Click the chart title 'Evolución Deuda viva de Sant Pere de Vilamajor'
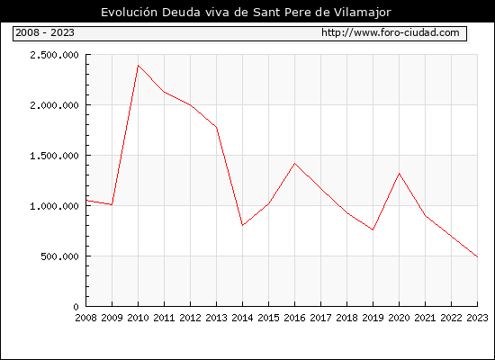246,13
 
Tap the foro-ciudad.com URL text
391,32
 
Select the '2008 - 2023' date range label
45,32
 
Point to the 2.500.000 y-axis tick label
54,55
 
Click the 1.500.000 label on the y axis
54,156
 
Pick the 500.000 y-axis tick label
59,256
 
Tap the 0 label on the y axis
76,307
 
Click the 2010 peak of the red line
138,66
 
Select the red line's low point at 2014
242,225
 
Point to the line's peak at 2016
294,163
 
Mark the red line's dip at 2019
373,229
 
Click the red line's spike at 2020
399,174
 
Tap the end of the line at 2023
477,257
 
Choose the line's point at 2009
112,204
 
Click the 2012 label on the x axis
190,318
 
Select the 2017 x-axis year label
320,318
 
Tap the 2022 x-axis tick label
451,318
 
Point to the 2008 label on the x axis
85,318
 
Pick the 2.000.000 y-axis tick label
54,105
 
